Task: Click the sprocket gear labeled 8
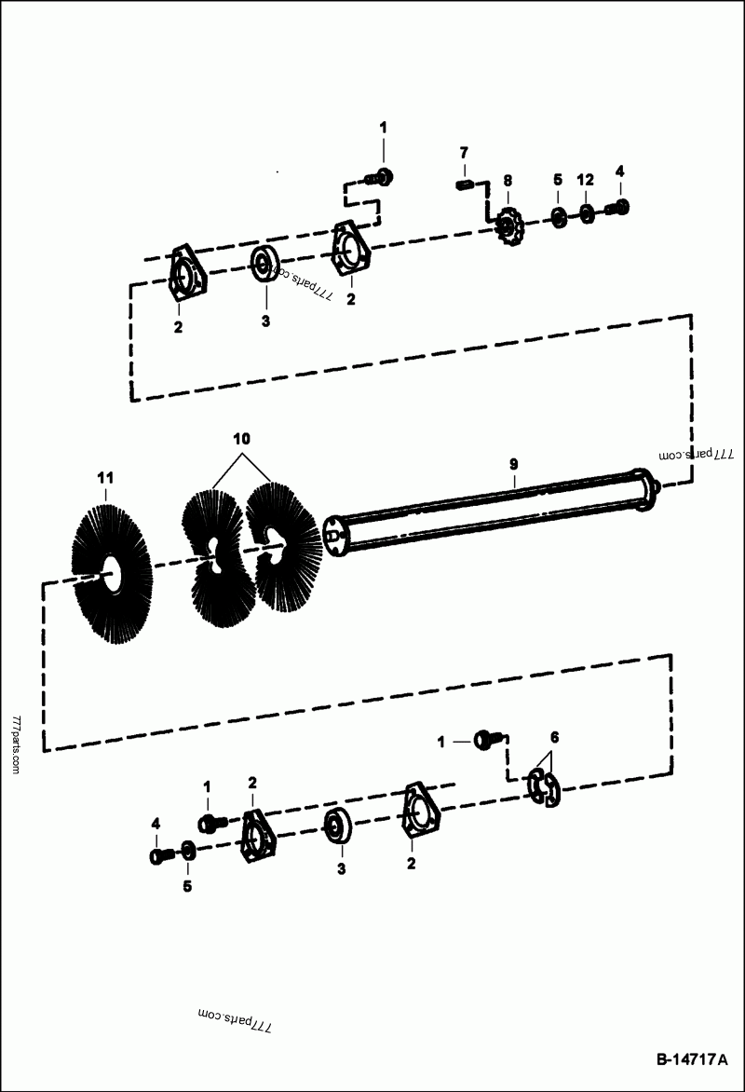[x=508, y=224]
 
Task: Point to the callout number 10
[x=241, y=438]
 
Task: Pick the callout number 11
[x=105, y=478]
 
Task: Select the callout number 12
[x=584, y=179]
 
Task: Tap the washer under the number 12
[x=587, y=213]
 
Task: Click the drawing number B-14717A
[x=690, y=1059]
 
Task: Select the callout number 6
[x=554, y=737]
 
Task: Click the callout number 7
[x=464, y=152]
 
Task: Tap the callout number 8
[x=508, y=180]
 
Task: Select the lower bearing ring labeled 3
[x=336, y=826]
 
